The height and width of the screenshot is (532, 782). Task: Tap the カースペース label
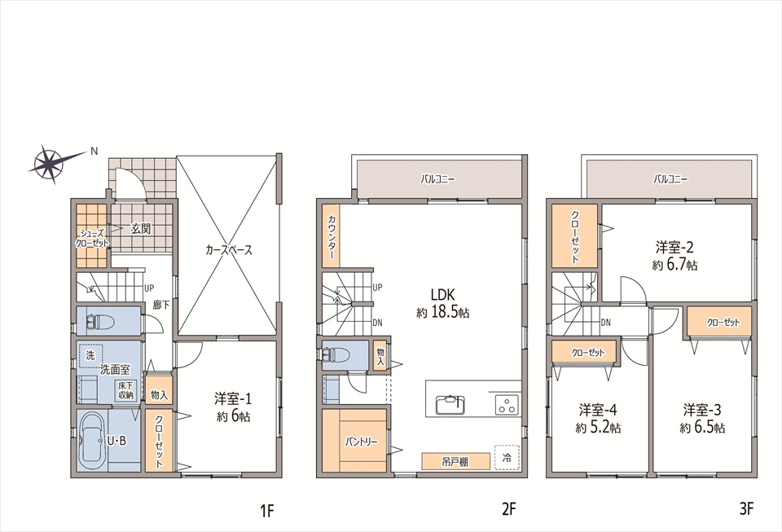[228, 250]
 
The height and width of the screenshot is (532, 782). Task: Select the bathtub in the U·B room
[92, 440]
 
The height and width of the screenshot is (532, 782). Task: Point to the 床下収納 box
[125, 390]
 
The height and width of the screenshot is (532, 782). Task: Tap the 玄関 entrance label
[141, 229]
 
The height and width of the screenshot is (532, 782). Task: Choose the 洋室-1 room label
[233, 399]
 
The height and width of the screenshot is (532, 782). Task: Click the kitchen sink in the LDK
[450, 404]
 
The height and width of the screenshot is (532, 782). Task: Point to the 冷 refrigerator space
[507, 458]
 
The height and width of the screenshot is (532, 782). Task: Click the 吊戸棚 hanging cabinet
[455, 461]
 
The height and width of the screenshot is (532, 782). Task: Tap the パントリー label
[361, 442]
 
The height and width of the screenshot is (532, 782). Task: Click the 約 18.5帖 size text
[443, 313]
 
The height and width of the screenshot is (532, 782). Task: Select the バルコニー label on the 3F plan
[670, 179]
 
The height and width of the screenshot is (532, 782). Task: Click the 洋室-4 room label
[598, 411]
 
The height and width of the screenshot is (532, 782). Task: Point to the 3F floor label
[747, 509]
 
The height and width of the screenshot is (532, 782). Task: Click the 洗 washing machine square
[90, 356]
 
